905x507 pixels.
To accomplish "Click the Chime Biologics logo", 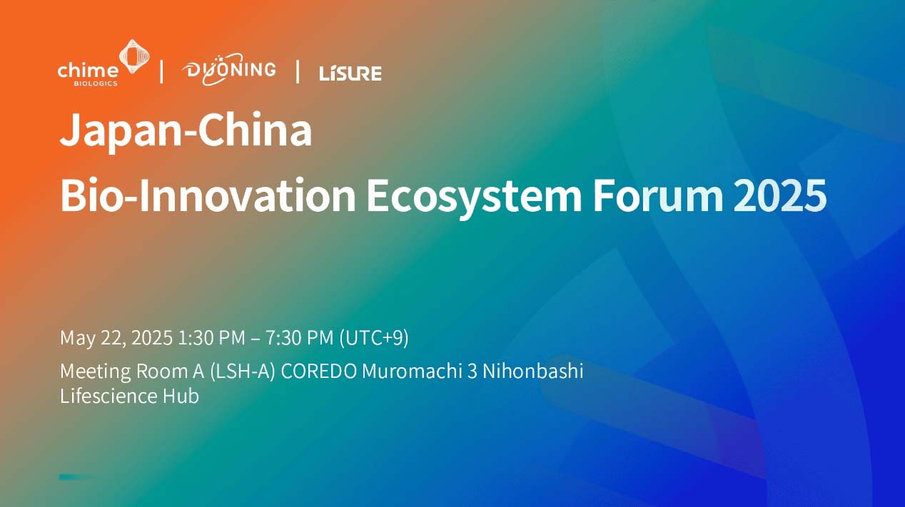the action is coord(103,63).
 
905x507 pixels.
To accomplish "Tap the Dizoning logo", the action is coord(229,69).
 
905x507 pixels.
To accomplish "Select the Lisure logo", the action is coord(350,73).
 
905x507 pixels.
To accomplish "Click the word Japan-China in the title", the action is coord(186,130).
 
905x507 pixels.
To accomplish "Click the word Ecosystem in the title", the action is coord(474,198).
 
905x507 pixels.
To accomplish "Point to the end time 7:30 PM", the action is coord(299,337).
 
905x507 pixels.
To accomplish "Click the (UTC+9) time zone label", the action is coord(374,338).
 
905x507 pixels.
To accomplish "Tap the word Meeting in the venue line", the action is coord(96,372).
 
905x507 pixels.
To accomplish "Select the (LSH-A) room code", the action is coord(243,372).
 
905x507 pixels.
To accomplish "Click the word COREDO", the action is coord(319,372).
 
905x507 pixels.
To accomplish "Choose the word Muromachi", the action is coord(412,372).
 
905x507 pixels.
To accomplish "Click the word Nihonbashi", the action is coord(533,372).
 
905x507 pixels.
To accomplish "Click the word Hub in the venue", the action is coord(181,396).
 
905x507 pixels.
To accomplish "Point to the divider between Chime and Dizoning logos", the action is coord(161,72).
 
